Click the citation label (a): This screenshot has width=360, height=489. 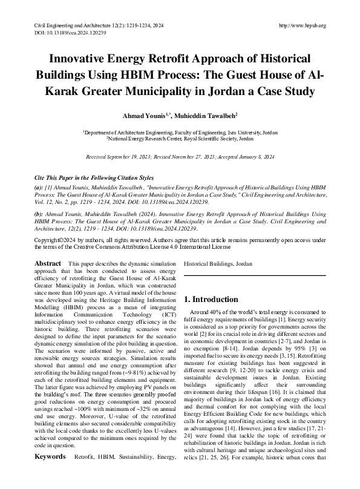39,189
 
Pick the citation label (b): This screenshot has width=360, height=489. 39,215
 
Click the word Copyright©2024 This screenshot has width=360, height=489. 51,241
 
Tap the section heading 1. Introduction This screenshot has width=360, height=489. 212,300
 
